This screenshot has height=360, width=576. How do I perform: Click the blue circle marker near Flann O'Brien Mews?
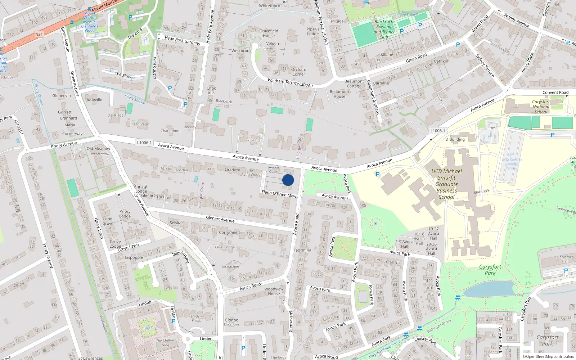click(x=288, y=180)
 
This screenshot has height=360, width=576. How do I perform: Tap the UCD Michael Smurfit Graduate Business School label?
click(x=446, y=184)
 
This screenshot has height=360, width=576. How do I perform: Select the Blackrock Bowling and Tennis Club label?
click(x=384, y=29)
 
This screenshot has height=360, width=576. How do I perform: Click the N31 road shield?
click(x=39, y=35)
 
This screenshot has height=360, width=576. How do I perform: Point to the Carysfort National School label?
click(x=541, y=107)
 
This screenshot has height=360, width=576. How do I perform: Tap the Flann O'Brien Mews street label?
click(x=280, y=194)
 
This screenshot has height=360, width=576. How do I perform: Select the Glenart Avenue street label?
click(x=220, y=219)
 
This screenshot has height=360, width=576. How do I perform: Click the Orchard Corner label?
click(x=298, y=72)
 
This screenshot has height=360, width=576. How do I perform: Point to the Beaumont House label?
click(x=339, y=94)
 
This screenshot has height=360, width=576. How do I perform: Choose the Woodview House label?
click(x=274, y=291)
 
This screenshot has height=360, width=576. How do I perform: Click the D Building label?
click(x=455, y=139)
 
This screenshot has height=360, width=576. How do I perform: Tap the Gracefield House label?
click(x=269, y=33)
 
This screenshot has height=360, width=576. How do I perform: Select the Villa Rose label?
click(x=255, y=140)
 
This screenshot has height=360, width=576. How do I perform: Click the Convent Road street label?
click(x=555, y=93)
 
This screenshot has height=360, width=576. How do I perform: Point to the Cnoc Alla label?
click(x=211, y=90)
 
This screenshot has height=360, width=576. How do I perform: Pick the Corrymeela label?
click(x=230, y=232)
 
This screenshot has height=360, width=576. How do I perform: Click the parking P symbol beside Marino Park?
click(x=170, y=88)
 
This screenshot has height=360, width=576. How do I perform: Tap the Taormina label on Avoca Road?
click(x=302, y=250)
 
